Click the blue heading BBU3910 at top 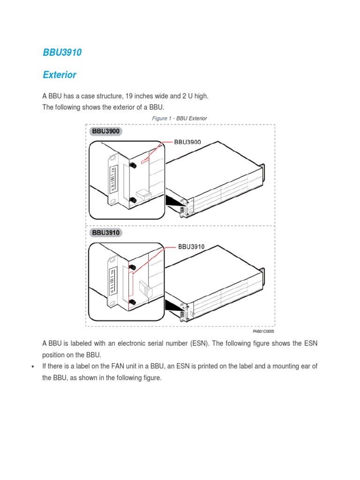tap(62, 53)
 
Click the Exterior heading tap(60, 75)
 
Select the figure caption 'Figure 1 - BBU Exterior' tap(180, 119)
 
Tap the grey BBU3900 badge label tap(105, 131)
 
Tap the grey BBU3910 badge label tap(105, 232)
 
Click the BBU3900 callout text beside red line tap(187, 142)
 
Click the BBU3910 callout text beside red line tap(191, 246)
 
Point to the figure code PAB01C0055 tap(263, 331)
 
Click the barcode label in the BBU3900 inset tap(112, 179)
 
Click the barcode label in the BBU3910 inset tap(112, 282)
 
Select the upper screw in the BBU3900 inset tap(133, 165)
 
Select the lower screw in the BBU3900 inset tap(133, 200)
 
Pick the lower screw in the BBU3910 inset tap(133, 302)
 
